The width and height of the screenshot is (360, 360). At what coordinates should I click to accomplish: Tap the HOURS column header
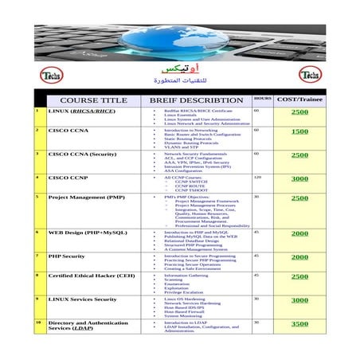[262, 98]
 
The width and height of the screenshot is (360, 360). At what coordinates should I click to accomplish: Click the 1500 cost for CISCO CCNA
[299, 131]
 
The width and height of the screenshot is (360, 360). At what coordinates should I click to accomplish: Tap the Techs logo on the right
[311, 76]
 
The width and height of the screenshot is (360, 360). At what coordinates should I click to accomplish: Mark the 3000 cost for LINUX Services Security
[299, 300]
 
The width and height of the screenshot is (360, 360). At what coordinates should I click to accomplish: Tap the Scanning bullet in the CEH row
[174, 280]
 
